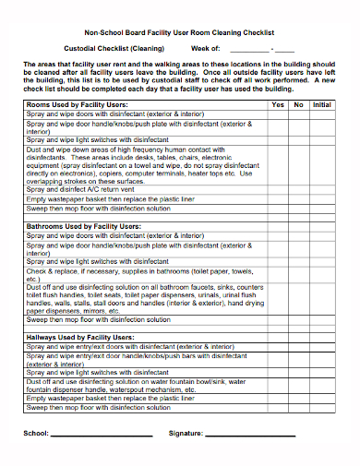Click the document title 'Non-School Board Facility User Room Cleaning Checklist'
(179, 30)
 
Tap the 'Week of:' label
(205, 48)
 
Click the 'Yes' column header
(278, 105)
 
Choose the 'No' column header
(298, 105)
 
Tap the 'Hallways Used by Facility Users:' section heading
(81, 338)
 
